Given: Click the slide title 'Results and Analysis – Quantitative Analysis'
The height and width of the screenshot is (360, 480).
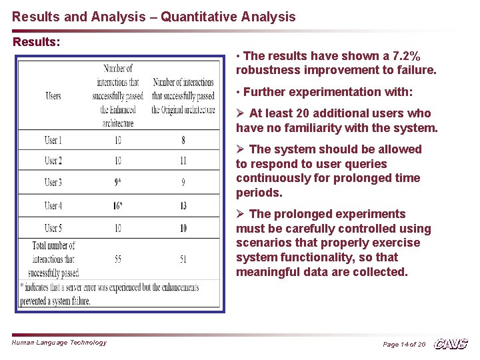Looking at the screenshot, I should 154,17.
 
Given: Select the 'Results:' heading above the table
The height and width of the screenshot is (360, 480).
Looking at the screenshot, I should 37,41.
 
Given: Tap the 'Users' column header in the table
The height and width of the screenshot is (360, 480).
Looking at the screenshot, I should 53,96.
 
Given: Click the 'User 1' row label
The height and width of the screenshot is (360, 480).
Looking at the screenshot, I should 53,140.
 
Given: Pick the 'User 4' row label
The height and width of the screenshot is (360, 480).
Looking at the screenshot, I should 53,205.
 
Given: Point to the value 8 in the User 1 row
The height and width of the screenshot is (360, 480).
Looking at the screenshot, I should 183,140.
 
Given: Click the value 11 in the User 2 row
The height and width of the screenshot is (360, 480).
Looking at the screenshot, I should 183,161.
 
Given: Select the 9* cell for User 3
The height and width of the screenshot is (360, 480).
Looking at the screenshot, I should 118,182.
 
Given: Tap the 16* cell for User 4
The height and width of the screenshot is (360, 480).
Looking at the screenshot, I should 119,205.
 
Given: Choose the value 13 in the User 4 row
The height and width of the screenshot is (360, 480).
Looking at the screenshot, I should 183,205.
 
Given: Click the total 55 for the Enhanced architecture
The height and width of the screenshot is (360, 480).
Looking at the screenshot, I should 118,259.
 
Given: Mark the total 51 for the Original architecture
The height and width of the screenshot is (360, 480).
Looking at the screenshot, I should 183,259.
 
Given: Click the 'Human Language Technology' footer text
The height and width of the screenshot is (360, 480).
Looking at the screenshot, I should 59,342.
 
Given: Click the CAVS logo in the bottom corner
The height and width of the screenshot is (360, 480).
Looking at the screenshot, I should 451,343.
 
